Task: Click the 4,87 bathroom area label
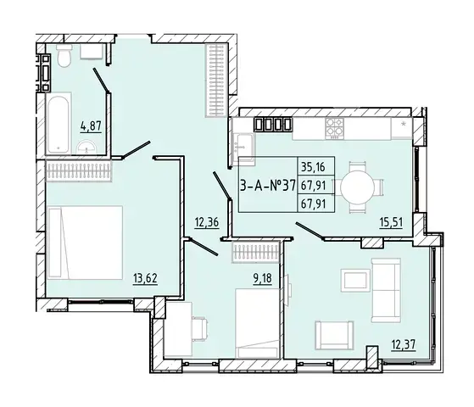pos(91,126)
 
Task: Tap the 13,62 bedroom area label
pos(145,278)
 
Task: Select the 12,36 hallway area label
pos(207,222)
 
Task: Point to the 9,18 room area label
pos(262,278)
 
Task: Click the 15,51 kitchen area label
pos(391,222)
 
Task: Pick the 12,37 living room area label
pos(404,344)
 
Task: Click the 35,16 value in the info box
pos(313,166)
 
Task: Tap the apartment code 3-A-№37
pos(267,186)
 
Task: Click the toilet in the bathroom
pos(64,55)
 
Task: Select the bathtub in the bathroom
pos(59,123)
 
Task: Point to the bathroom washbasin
pos(86,148)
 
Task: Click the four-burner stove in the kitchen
pos(334,129)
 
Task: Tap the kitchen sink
pos(243,147)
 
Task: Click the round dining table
pos(357,187)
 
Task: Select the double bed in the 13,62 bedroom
pos(85,243)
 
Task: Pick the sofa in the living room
pos(386,290)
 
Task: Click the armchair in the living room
pos(334,335)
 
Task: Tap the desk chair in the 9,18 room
pos(199,329)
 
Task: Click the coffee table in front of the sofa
pos(355,281)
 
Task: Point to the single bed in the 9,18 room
pos(257,323)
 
